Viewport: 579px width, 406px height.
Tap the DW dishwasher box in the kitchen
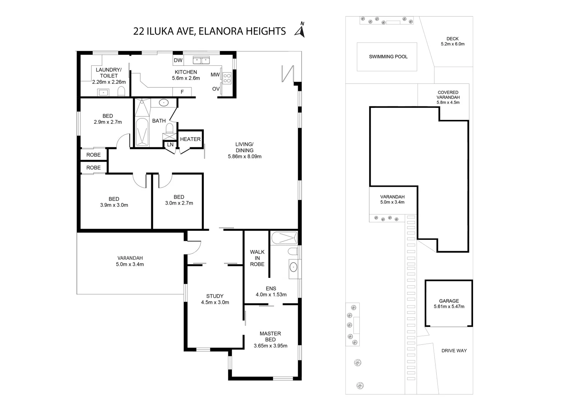click(178, 60)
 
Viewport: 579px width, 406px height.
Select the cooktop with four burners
click(227, 78)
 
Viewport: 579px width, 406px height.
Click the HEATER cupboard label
click(190, 139)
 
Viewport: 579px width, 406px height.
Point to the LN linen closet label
click(170, 144)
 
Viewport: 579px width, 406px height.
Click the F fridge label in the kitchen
click(182, 92)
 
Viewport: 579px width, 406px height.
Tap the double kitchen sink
click(202, 60)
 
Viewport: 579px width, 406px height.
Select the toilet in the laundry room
click(121, 91)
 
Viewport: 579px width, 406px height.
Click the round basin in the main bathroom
click(164, 102)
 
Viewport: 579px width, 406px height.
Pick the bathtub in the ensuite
click(284, 237)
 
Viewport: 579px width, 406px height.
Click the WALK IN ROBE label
click(257, 258)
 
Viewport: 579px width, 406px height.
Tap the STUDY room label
click(215, 296)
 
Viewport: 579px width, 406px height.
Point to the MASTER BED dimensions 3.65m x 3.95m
click(270, 346)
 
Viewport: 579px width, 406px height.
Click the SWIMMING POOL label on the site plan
click(388, 57)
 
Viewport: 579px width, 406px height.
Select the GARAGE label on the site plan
click(449, 301)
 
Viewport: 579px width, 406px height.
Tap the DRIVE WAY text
click(454, 351)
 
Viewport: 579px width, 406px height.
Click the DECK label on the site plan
click(452, 39)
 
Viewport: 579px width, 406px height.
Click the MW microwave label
click(215, 75)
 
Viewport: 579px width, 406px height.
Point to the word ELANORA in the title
click(220, 31)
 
